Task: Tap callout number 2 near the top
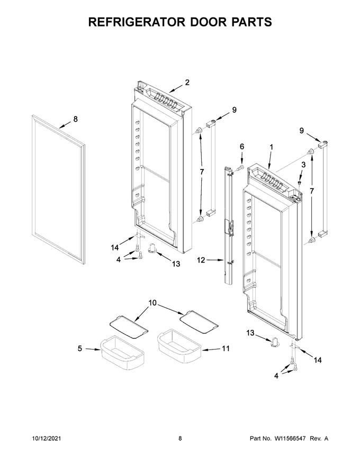[x=187, y=82]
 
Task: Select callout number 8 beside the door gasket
[x=76, y=119]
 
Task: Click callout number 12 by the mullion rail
[x=201, y=260]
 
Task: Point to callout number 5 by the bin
[x=79, y=348]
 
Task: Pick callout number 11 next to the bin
[x=226, y=348]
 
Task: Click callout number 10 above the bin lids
[x=152, y=303]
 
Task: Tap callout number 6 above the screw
[x=242, y=147]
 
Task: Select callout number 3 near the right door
[x=303, y=165]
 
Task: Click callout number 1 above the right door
[x=271, y=147]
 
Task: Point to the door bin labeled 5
[x=123, y=353]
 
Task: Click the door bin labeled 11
[x=179, y=346]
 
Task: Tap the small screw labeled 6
[x=240, y=168]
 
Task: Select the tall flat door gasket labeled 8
[x=58, y=189]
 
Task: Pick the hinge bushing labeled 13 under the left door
[x=152, y=248]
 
